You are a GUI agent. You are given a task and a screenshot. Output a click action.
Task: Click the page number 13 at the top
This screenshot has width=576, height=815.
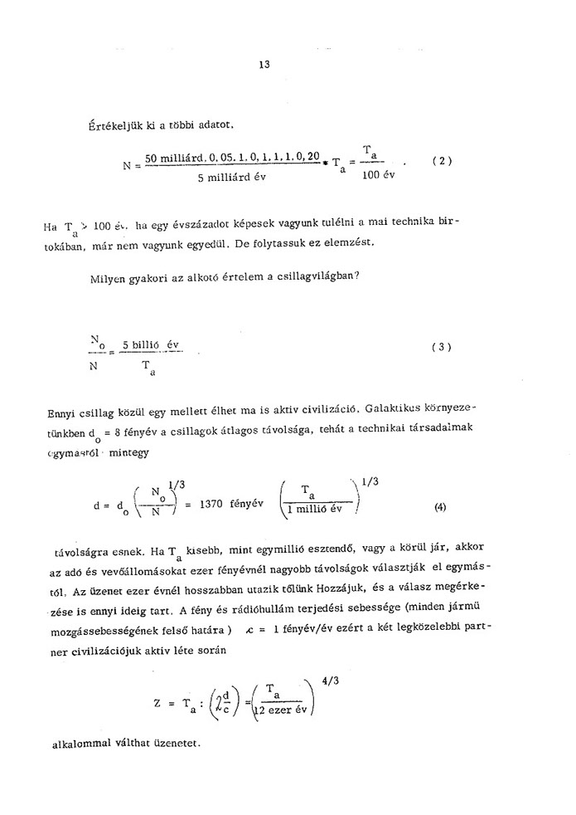tap(264, 63)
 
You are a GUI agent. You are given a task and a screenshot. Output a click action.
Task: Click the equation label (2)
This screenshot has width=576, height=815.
tap(442, 161)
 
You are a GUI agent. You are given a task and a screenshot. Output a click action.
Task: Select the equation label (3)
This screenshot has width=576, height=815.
tap(441, 348)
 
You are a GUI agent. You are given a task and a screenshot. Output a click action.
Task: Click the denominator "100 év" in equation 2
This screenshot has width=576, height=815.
tap(375, 175)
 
